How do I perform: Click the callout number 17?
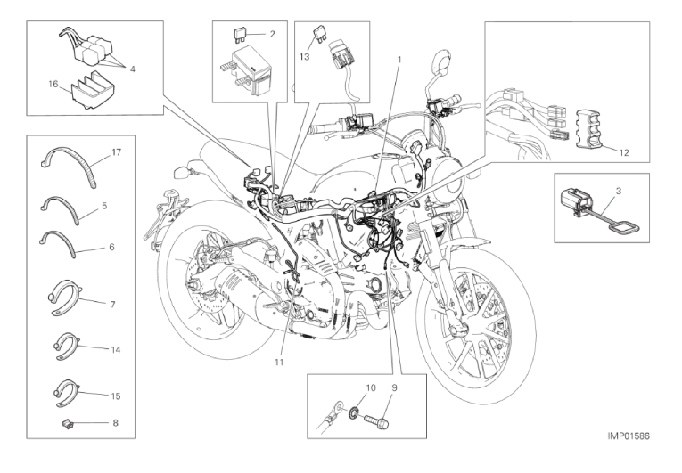pyautogui.click(x=116, y=152)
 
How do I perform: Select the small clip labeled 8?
pyautogui.click(x=67, y=421)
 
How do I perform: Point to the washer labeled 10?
pyautogui.click(x=355, y=412)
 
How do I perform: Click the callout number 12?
pyautogui.click(x=624, y=153)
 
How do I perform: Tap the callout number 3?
pyautogui.click(x=619, y=191)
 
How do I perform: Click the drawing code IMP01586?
pyautogui.click(x=629, y=436)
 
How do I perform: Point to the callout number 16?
pyautogui.click(x=53, y=84)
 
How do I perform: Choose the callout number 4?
pyautogui.click(x=132, y=69)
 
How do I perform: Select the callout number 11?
pyautogui.click(x=279, y=362)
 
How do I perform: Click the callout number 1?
pyautogui.click(x=399, y=59)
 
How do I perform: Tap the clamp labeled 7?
pyautogui.click(x=64, y=297)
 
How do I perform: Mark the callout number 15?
pyautogui.click(x=116, y=396)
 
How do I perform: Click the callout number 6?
pyautogui.click(x=111, y=247)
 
